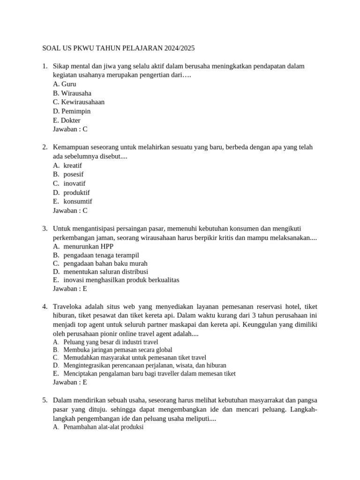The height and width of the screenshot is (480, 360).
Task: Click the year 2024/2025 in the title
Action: click(x=178, y=48)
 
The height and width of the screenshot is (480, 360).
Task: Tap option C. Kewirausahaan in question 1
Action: click(x=79, y=102)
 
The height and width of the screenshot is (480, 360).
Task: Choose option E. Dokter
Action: click(x=67, y=120)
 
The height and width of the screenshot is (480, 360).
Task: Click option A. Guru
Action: click(x=65, y=84)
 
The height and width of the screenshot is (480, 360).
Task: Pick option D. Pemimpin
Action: click(x=72, y=112)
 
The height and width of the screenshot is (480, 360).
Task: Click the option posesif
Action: click(x=74, y=174)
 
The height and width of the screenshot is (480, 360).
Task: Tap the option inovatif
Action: click(x=75, y=183)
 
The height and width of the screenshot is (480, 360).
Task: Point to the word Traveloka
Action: click(x=69, y=307)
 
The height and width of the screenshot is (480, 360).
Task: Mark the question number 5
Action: click(x=45, y=400)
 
